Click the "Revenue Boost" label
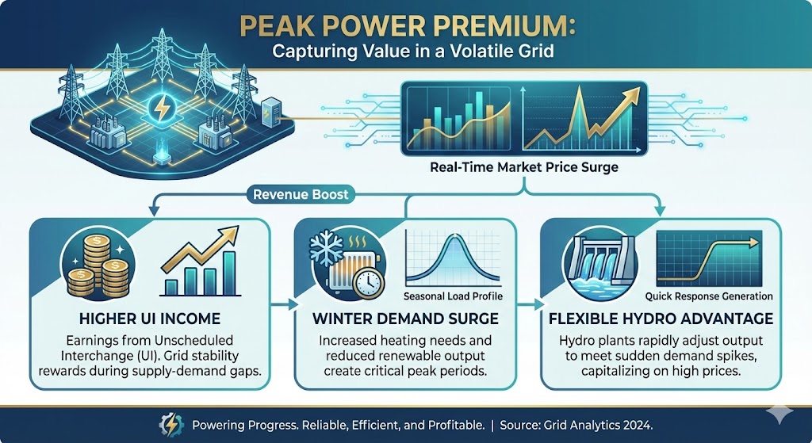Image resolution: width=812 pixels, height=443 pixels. [301, 195]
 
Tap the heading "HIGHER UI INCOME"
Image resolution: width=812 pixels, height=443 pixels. [150, 319]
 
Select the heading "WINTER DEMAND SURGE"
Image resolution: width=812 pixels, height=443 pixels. [405, 319]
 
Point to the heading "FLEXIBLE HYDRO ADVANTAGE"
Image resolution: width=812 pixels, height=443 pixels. [661, 319]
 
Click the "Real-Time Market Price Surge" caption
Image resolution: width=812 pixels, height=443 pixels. [524, 168]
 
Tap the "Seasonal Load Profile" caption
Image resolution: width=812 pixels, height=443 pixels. [453, 296]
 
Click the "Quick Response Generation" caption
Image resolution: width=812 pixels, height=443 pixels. [709, 296]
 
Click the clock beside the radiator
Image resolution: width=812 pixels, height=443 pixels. [368, 283]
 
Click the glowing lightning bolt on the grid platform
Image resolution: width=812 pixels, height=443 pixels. [162, 109]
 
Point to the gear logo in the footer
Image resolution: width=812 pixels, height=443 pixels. [171, 425]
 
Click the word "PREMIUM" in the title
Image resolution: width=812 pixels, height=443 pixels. [493, 27]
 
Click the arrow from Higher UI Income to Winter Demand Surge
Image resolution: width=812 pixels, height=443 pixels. [284, 305]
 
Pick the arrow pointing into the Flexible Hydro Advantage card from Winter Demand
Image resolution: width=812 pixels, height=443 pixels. [530, 305]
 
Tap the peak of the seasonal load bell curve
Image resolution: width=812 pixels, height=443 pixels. [454, 235]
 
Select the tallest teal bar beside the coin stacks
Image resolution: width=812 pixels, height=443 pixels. [228, 273]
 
